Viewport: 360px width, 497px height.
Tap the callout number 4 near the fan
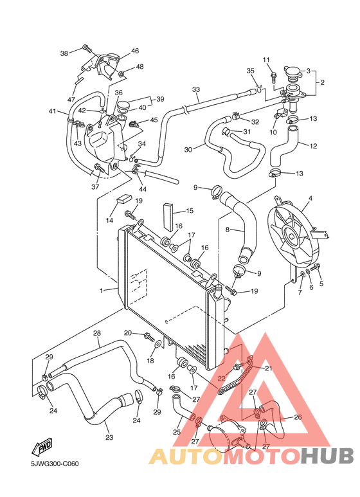(x=310, y=199)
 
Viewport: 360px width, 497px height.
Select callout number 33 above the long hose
(x=195, y=89)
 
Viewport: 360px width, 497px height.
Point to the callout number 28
(x=97, y=333)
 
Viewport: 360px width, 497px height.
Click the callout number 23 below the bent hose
(x=109, y=438)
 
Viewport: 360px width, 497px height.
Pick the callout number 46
(x=135, y=51)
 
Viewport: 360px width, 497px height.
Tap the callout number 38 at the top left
(x=64, y=53)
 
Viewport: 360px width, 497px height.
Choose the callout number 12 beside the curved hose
(x=314, y=146)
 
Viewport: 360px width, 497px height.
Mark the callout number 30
(x=188, y=149)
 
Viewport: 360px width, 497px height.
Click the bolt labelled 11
(x=274, y=77)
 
